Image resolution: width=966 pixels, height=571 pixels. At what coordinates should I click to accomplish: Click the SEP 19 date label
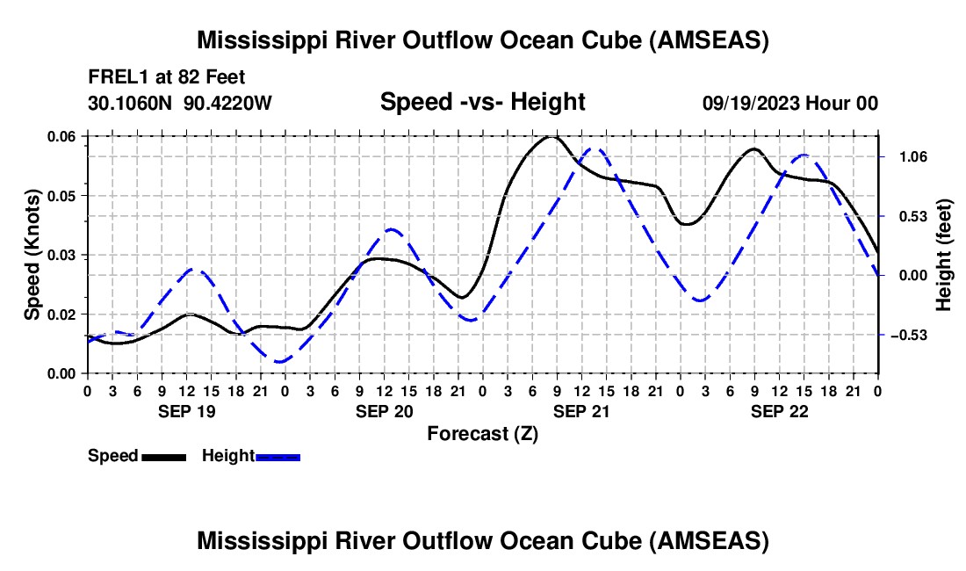(187, 411)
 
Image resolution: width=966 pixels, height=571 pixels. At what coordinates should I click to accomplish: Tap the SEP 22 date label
(779, 411)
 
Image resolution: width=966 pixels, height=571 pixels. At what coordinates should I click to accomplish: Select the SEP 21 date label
(581, 411)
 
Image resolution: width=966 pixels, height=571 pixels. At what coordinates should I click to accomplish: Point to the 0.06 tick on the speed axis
(61, 137)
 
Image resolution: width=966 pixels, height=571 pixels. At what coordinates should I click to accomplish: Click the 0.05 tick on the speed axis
(61, 196)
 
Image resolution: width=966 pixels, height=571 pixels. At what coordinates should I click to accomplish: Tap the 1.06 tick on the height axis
(913, 157)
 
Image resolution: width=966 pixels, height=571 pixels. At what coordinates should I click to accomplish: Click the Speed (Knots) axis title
(32, 255)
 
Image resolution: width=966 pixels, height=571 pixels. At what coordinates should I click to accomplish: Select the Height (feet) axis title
(943, 255)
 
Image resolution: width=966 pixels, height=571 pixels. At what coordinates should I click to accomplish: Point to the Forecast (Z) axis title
(483, 434)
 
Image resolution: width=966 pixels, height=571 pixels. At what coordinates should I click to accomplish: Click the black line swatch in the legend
(164, 457)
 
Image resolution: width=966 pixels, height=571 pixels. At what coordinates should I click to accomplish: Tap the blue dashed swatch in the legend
(278, 457)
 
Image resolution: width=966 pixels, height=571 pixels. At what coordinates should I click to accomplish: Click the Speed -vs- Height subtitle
(482, 102)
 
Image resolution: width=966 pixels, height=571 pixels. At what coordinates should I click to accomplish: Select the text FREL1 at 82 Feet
(166, 77)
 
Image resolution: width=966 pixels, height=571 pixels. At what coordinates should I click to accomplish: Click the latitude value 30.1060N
(130, 103)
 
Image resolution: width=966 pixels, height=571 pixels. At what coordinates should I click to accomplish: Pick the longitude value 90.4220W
(227, 103)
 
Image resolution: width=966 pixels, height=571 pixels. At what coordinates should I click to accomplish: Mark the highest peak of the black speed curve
(551, 137)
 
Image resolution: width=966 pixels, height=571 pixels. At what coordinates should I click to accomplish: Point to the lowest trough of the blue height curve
(279, 362)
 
